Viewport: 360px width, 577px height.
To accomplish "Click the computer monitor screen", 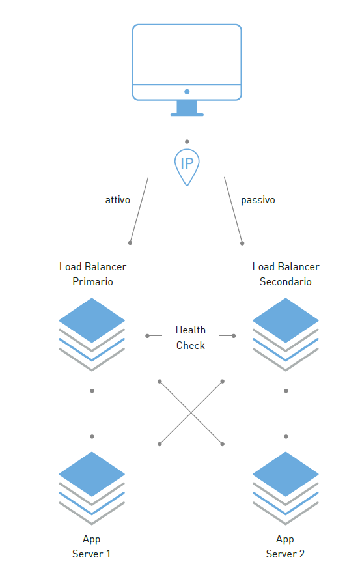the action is point(187,55).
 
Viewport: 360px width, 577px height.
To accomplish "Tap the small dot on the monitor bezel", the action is point(187,92).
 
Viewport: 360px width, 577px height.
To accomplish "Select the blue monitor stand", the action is point(187,108).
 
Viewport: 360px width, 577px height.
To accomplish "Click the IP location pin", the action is point(187,167).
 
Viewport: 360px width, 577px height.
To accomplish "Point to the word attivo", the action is point(118,200).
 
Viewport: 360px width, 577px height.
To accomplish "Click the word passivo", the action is point(258,200).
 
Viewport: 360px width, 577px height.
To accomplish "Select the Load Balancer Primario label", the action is point(92,274).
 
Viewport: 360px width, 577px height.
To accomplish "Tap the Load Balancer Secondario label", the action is point(286,274).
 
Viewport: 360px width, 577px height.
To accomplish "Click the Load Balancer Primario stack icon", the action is point(92,335).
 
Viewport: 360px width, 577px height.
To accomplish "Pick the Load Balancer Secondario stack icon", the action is point(286,335).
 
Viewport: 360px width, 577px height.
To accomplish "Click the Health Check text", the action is point(191,337).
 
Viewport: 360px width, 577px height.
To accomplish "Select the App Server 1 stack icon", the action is point(92,488).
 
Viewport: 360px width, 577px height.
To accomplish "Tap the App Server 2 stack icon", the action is point(286,488).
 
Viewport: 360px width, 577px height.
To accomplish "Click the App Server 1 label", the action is point(91,546).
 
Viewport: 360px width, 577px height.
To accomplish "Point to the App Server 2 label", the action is point(285,546).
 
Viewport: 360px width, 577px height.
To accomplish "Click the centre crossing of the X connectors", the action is point(191,413).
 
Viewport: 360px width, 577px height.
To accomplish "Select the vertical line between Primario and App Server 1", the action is point(92,414).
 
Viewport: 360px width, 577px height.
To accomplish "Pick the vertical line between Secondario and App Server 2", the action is point(286,414).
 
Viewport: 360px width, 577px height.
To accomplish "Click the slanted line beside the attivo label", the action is point(139,210).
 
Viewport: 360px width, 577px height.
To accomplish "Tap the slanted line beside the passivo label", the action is point(233,210).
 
